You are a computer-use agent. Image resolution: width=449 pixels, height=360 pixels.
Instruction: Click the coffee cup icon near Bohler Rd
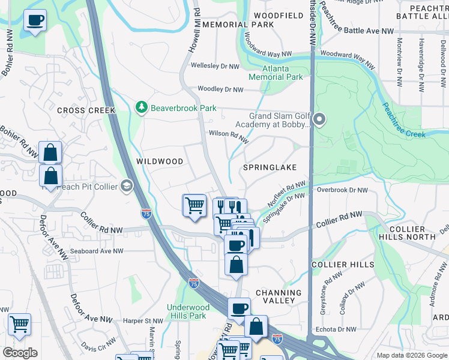pos(35,21)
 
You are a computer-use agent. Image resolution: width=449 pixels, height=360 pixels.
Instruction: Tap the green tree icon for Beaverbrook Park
pos(142,108)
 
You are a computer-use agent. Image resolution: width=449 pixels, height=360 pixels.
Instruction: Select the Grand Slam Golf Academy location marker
pos(319,121)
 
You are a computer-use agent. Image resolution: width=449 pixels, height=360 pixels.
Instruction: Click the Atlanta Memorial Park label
pos(276,73)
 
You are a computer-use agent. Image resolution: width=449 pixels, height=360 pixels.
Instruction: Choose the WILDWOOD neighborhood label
pos(159,161)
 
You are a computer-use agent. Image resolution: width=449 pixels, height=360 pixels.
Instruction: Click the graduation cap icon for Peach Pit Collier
pos(126,187)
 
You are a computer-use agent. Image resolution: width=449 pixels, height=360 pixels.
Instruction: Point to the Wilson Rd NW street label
pos(228,136)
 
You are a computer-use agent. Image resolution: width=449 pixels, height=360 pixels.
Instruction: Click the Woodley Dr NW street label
pos(220,89)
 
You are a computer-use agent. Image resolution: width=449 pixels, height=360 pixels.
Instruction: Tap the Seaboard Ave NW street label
pos(96,251)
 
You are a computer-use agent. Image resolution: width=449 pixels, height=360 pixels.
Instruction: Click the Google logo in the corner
pos(20,353)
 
